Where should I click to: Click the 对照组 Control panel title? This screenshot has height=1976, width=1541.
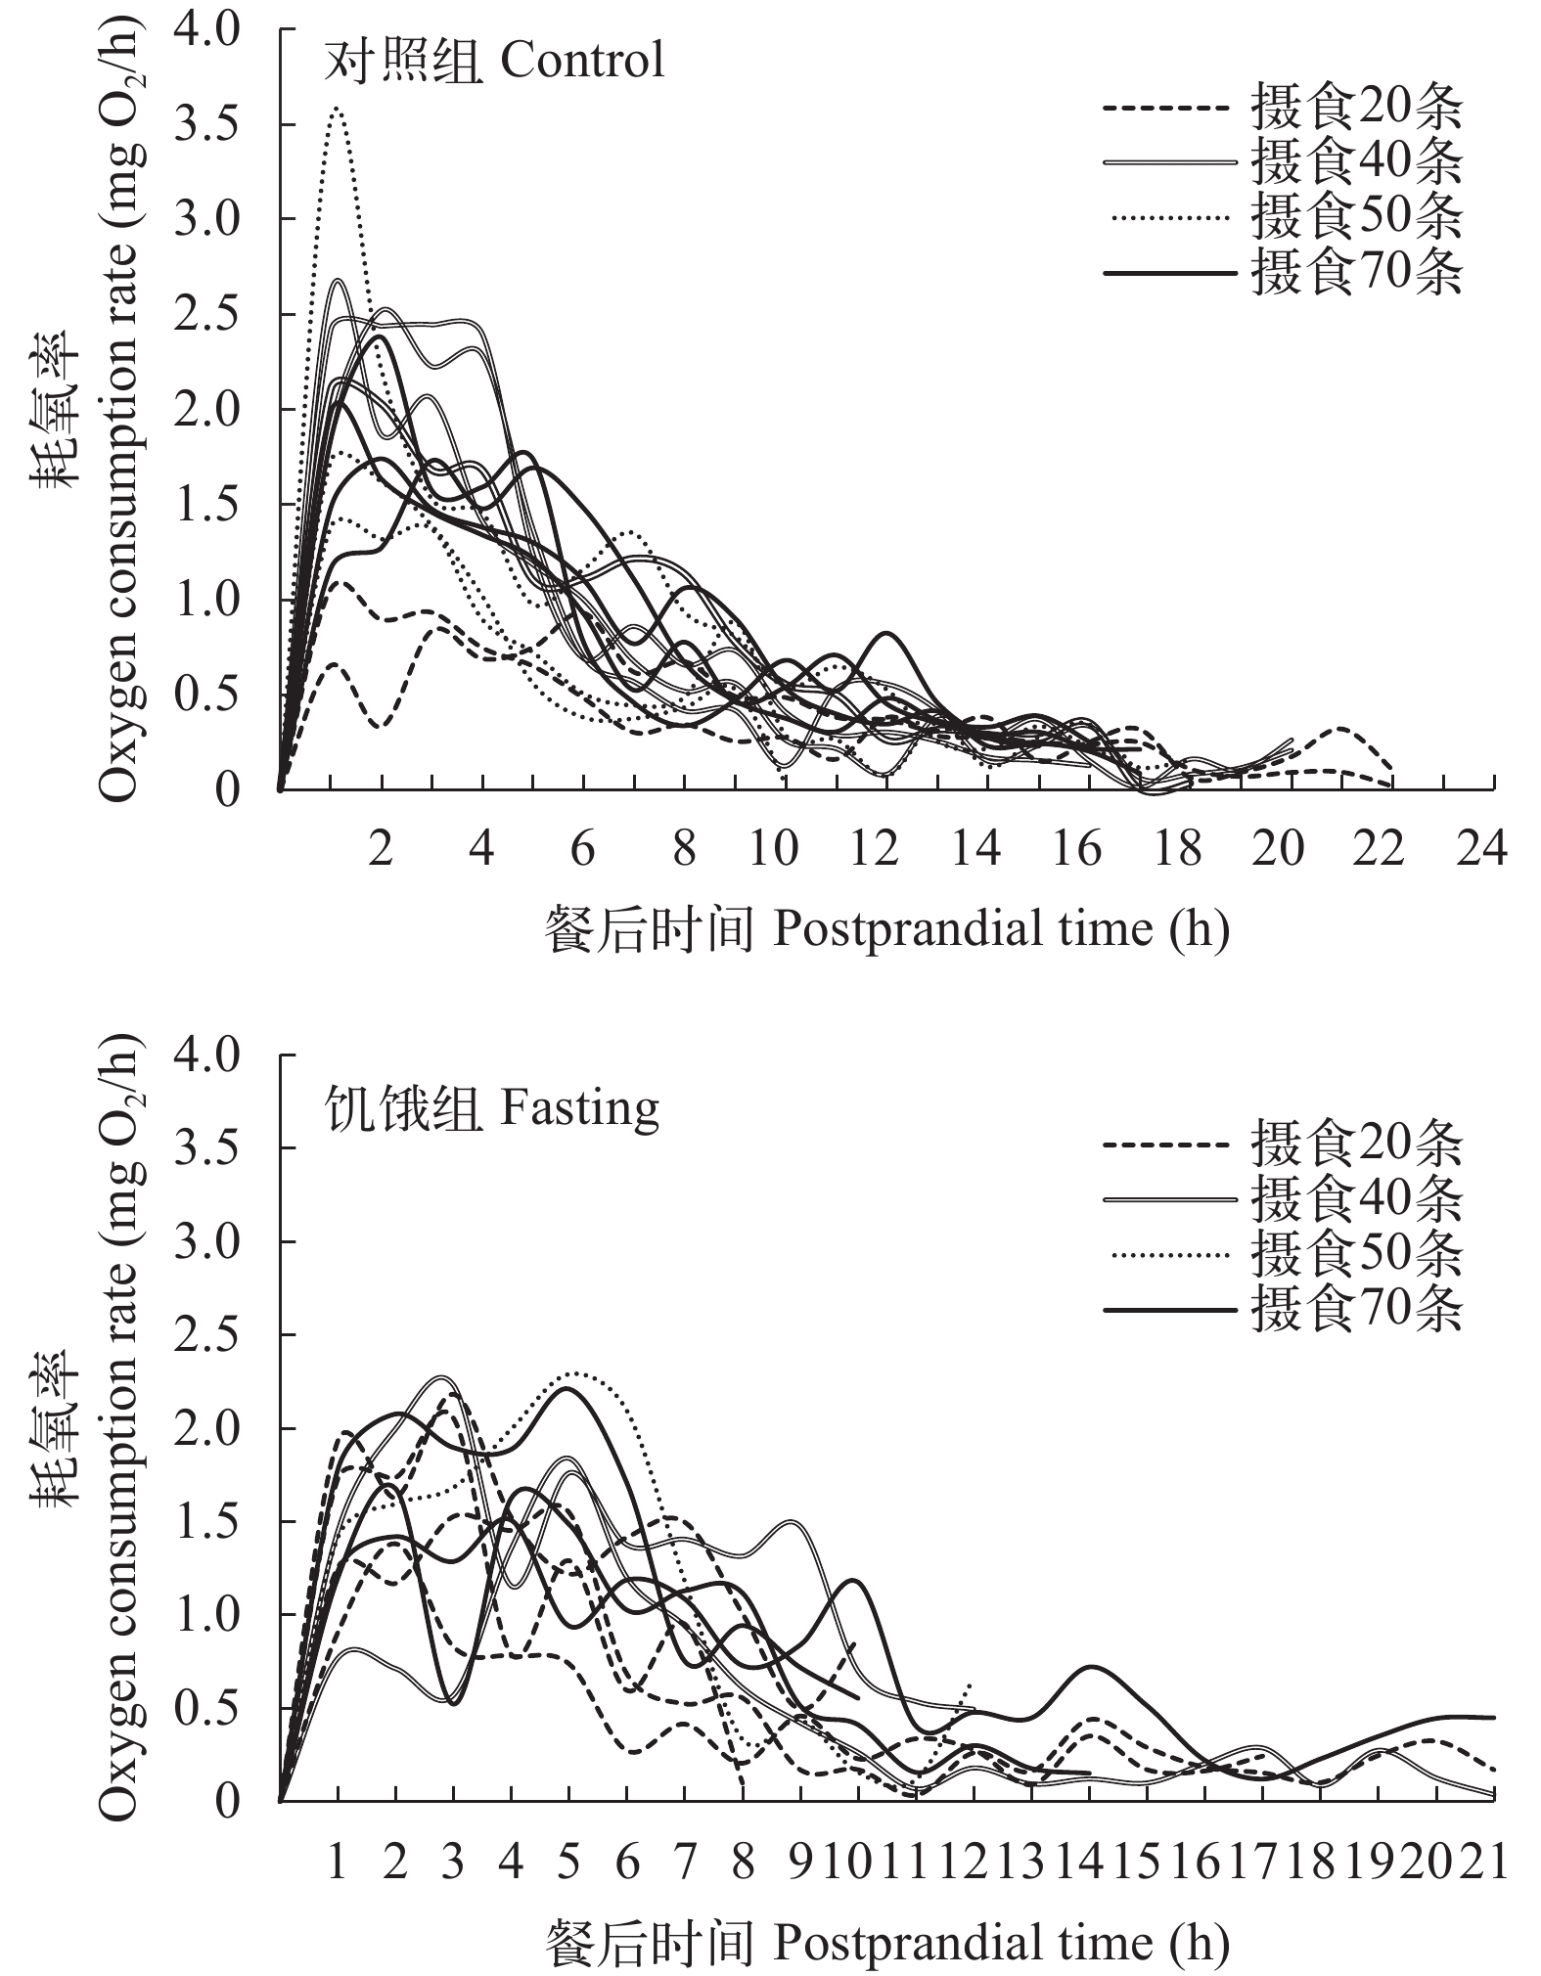494,61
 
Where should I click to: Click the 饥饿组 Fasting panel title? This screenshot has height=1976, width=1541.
492,1108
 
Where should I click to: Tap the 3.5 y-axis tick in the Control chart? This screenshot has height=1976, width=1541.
206,124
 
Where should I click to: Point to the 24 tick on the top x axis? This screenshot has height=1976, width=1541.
1481,848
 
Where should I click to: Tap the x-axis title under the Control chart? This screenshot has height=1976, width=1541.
886,927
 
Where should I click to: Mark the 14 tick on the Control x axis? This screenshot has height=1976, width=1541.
975,848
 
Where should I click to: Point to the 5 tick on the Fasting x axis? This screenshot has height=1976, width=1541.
569,1861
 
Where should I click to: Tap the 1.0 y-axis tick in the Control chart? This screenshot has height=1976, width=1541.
206,599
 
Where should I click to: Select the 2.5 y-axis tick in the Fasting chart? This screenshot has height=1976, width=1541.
206,1334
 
